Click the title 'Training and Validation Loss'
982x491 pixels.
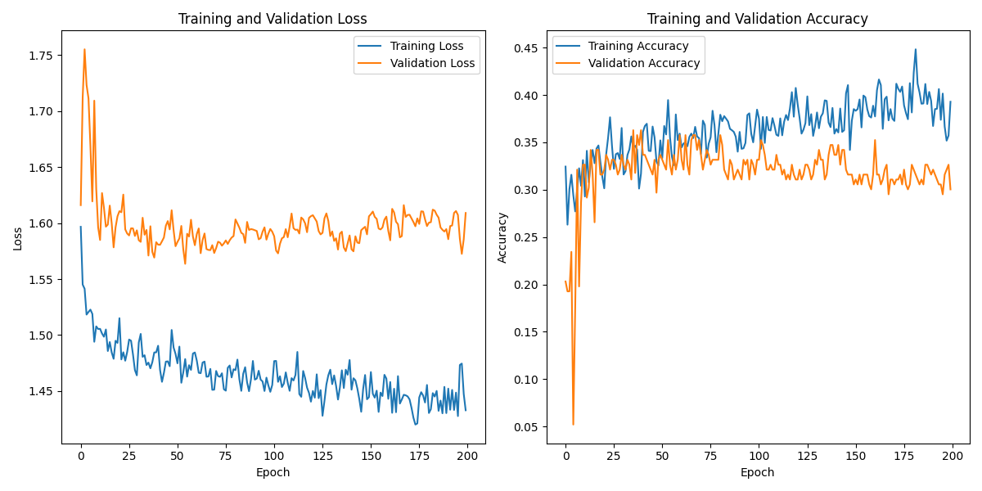pyautogui.click(x=273, y=19)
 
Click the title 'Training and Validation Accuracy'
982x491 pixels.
pyautogui.click(x=757, y=19)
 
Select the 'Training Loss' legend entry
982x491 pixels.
pyautogui.click(x=426, y=46)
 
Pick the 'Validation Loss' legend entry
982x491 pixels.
pyautogui.click(x=432, y=63)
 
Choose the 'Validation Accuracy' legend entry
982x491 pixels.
pyautogui.click(x=644, y=63)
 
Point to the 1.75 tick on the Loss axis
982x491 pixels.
pyautogui.click(x=40, y=56)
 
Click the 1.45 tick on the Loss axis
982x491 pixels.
pyautogui.click(x=40, y=391)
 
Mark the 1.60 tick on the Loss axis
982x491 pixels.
pyautogui.click(x=40, y=223)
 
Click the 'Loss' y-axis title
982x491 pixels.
pyautogui.click(x=17, y=237)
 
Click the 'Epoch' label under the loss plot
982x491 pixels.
pyautogui.click(x=273, y=472)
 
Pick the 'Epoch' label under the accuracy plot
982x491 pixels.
pyautogui.click(x=757, y=472)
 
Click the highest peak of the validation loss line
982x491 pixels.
pyautogui.click(x=84, y=49)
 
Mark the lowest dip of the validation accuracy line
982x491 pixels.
pyautogui.click(x=573, y=424)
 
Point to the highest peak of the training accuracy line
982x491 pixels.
pyautogui.click(x=915, y=49)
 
